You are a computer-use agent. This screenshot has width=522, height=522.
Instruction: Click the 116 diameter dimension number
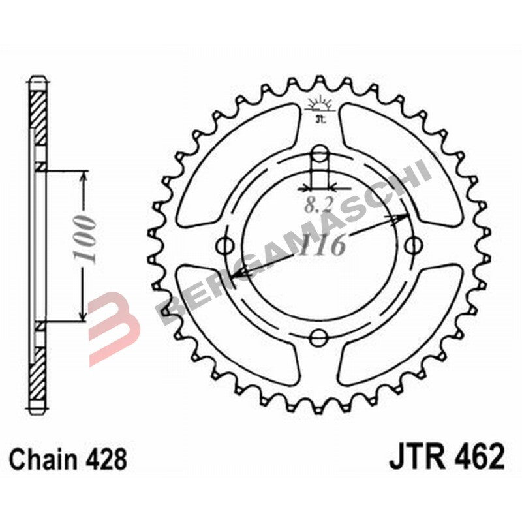(x=323, y=246)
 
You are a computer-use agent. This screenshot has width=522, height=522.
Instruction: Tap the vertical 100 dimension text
(x=87, y=237)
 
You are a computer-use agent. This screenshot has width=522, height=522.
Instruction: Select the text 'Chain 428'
(x=69, y=459)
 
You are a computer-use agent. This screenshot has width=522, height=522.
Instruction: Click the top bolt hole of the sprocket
(x=320, y=154)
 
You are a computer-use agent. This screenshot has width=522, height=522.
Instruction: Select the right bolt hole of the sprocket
(x=412, y=246)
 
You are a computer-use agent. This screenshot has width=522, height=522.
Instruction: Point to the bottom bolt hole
(x=319, y=338)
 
